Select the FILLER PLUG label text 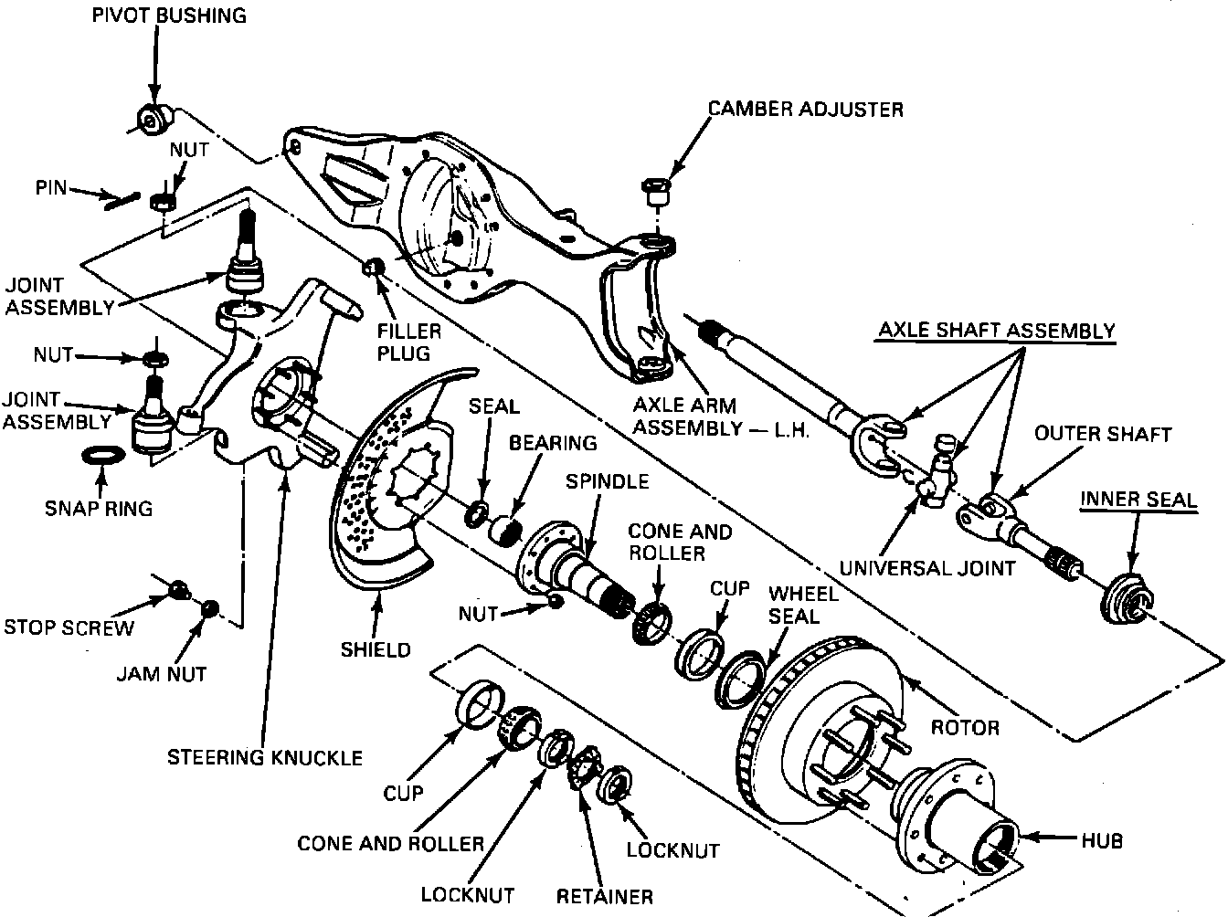tap(410, 342)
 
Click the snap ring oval tap(100, 455)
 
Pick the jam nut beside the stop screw tap(211, 608)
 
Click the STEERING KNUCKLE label tap(265, 757)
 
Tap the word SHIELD tap(376, 649)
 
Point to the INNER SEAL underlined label tap(1138, 500)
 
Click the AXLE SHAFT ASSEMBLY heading tap(997, 330)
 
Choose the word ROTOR tap(965, 727)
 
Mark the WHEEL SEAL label tap(803, 605)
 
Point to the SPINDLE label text tap(607, 480)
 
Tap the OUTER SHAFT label tap(1102, 434)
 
